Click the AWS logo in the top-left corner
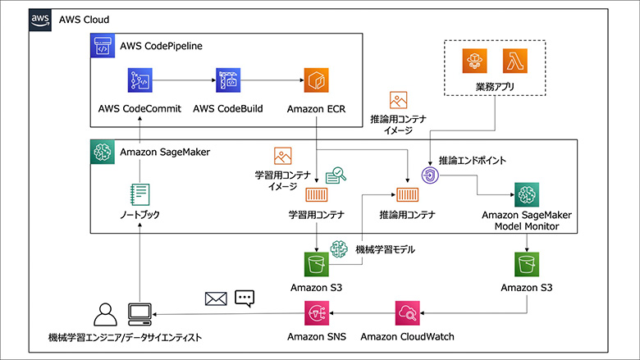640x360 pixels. [x=38, y=18]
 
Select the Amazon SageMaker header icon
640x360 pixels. [x=102, y=150]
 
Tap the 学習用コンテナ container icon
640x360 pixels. [x=316, y=195]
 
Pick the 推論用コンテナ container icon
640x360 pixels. [x=407, y=195]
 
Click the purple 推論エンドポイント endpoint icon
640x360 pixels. [x=428, y=175]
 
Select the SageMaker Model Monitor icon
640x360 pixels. [x=527, y=195]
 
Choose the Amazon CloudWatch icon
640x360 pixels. [x=407, y=312]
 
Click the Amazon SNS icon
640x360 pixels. [x=316, y=312]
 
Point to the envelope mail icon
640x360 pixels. [x=216, y=298]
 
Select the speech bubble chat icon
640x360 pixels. [x=245, y=298]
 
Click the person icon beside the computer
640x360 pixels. [x=105, y=313]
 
